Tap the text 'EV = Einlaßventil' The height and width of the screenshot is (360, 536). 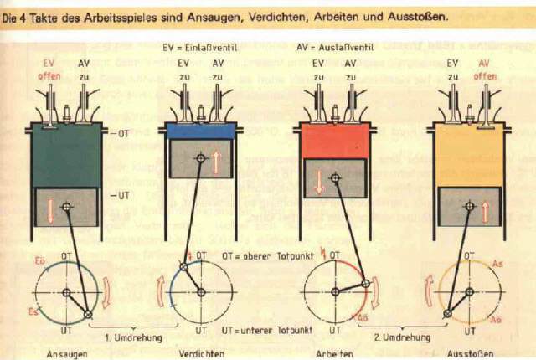[x=201, y=49]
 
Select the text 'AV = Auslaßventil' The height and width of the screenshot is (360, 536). [x=335, y=49]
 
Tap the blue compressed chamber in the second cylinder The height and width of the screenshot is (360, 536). [x=201, y=131]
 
